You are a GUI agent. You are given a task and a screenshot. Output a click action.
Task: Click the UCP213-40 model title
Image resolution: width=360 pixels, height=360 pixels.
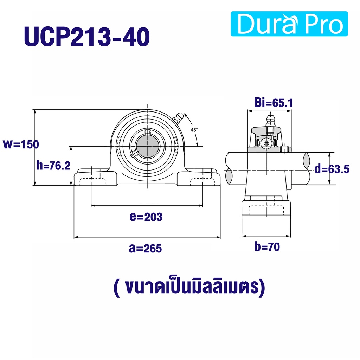click(x=87, y=37)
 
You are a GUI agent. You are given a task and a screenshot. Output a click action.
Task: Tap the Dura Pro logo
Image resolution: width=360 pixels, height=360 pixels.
click(x=289, y=24)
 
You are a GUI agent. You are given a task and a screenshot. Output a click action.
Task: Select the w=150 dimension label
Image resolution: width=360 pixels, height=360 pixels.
click(x=21, y=144)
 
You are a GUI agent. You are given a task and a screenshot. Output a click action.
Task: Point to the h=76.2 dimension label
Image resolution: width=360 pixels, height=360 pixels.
click(x=53, y=165)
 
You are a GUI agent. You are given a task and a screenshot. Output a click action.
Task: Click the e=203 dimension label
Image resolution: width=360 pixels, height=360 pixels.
click(x=146, y=217)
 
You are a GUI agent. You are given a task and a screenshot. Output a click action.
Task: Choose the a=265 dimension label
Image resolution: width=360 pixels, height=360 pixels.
click(x=145, y=248)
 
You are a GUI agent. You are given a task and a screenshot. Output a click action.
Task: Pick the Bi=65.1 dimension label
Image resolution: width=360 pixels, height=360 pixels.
click(x=274, y=103)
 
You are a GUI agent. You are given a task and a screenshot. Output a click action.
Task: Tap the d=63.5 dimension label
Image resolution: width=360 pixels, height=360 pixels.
click(x=332, y=169)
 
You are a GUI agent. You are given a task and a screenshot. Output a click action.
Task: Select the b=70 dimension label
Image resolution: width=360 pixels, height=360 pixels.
click(x=267, y=247)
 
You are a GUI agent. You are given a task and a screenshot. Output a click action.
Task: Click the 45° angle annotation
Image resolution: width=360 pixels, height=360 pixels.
click(x=194, y=130)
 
